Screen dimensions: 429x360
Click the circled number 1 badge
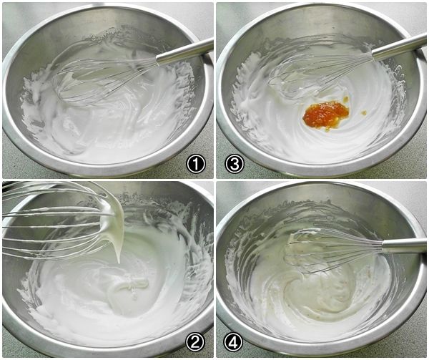pos(196,164)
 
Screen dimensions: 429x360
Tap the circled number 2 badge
pos(194,343)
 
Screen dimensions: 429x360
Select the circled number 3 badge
pos(235,164)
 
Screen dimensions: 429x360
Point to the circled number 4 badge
pos(233,343)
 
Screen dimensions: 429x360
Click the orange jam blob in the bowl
pos(325,115)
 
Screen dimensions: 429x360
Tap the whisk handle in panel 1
pos(184,52)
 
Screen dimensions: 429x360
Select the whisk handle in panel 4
pos(403,245)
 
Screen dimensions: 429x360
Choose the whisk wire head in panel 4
pos(333,250)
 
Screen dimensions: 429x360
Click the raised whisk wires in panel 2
pos(55,219)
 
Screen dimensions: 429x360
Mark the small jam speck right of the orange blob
pos(364,112)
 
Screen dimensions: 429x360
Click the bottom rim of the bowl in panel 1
pos(107,170)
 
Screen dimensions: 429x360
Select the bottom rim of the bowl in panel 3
pos(320,171)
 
